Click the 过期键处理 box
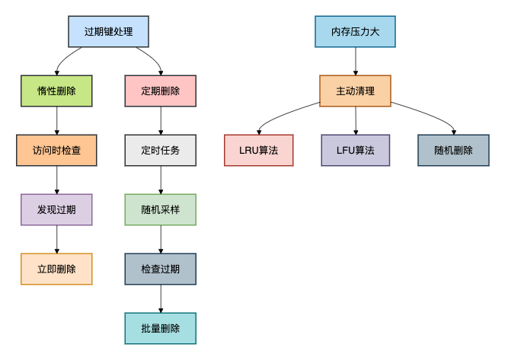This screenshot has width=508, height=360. (x=108, y=32)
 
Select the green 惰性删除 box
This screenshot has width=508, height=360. (x=56, y=91)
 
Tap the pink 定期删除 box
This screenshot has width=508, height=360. (x=161, y=91)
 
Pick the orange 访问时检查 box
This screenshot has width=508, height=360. (x=56, y=151)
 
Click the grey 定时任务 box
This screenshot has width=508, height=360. (x=161, y=151)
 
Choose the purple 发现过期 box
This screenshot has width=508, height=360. (x=56, y=209)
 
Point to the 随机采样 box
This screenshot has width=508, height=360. (x=161, y=209)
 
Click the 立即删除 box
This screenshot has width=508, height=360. (x=56, y=269)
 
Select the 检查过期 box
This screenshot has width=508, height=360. (x=161, y=269)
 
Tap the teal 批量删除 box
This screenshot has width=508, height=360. (x=161, y=328)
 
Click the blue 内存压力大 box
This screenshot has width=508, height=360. (x=356, y=32)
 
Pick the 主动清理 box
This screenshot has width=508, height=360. (x=356, y=91)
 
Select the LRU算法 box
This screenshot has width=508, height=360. (x=258, y=151)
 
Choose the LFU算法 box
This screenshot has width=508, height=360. (x=356, y=151)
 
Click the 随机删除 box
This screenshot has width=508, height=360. (x=453, y=151)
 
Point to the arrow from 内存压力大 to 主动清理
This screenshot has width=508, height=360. (x=356, y=61)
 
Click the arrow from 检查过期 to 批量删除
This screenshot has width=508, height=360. (x=161, y=298)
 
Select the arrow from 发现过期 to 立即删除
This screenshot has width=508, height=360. (x=56, y=239)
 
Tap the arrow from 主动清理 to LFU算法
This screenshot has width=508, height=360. (x=356, y=120)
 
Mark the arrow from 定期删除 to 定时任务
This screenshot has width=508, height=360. (x=161, y=120)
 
